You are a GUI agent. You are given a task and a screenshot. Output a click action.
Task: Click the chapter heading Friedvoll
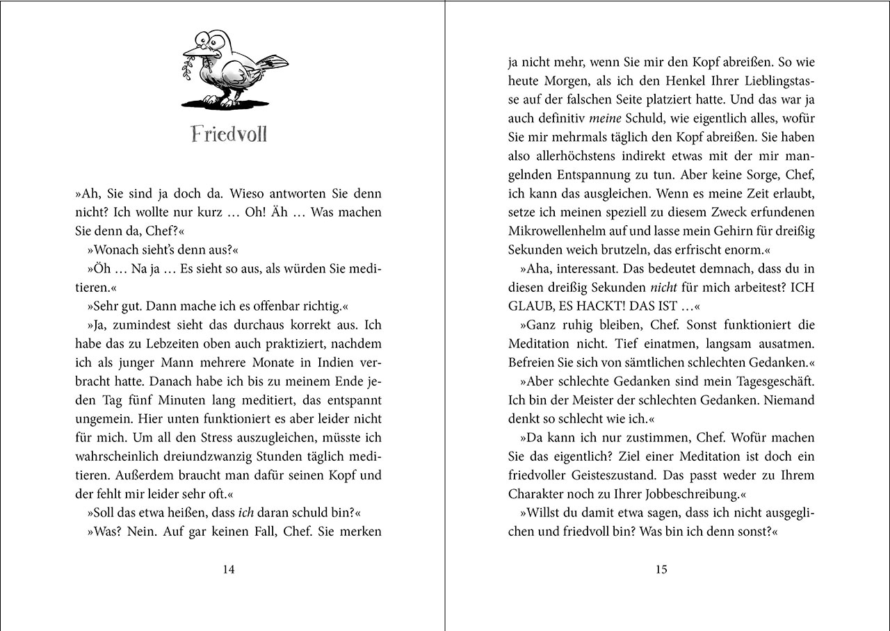[x=229, y=133]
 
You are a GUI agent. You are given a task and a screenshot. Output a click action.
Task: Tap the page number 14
[x=228, y=570]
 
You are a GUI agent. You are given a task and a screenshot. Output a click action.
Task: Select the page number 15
[x=661, y=570]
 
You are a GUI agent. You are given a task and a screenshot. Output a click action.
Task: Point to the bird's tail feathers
[x=272, y=62]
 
